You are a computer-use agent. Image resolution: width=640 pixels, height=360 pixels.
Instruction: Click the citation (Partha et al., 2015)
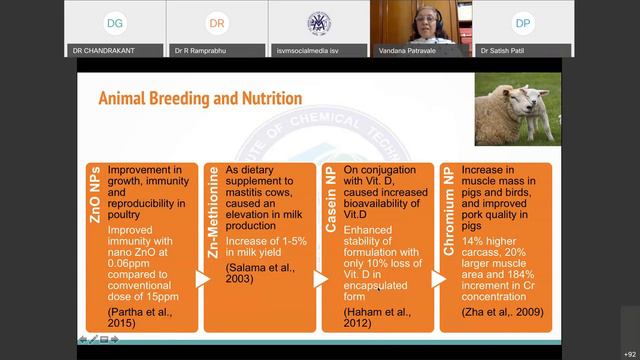(140, 318)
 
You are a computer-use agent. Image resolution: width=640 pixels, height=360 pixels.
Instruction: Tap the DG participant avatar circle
(115, 22)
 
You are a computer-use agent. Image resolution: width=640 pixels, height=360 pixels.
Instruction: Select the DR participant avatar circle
(216, 22)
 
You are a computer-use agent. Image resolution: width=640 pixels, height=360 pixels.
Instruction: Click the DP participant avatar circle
(522, 22)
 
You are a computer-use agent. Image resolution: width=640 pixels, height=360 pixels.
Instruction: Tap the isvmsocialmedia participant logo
(318, 22)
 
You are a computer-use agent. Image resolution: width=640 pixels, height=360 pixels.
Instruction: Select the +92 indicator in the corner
(629, 353)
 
